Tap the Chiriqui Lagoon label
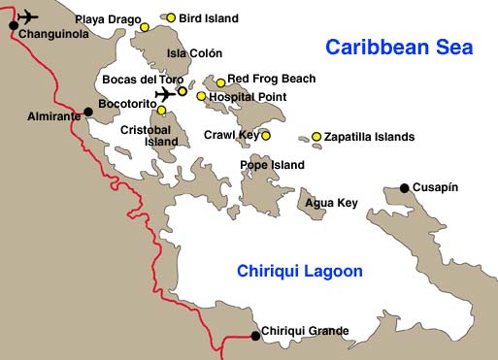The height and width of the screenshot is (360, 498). [300, 272]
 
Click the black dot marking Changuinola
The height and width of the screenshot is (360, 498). [13, 25]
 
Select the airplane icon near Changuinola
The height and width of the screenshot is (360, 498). [28, 16]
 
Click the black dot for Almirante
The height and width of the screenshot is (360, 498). [88, 112]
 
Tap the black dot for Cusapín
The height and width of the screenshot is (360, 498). [404, 188]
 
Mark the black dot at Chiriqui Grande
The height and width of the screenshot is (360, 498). [255, 336]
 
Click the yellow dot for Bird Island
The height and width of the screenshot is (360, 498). [171, 17]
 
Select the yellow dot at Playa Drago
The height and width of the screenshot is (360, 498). [145, 27]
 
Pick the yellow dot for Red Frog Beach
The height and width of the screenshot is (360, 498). [220, 82]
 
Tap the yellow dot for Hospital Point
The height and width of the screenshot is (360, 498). [201, 96]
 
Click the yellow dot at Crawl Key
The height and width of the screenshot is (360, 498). [265, 136]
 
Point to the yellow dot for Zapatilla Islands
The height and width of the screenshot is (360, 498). [316, 137]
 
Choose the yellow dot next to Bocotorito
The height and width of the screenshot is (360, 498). [162, 111]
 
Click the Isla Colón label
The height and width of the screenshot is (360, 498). [194, 53]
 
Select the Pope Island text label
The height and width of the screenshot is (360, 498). [272, 165]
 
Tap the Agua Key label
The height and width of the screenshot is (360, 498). [331, 203]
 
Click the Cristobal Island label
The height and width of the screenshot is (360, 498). [149, 135]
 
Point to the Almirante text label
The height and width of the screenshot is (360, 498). [55, 116]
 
